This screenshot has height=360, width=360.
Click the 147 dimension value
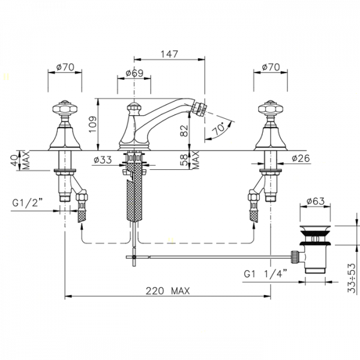pyautogui.click(x=169, y=54)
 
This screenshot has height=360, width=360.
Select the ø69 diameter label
pyautogui.click(x=134, y=73)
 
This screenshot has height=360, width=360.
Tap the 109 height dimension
pyautogui.click(x=93, y=124)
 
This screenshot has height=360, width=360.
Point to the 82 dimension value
pyautogui.click(x=184, y=130)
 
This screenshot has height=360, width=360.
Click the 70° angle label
pyautogui.click(x=218, y=129)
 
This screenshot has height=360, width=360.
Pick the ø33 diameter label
pyautogui.click(x=103, y=160)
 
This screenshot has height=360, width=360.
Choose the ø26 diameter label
pyautogui.click(x=301, y=158)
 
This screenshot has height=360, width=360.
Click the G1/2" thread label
pyautogui.click(x=28, y=203)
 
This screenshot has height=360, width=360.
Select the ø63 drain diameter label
pyautogui.click(x=316, y=201)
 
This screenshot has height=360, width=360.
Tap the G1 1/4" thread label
pyautogui.click(x=265, y=274)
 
